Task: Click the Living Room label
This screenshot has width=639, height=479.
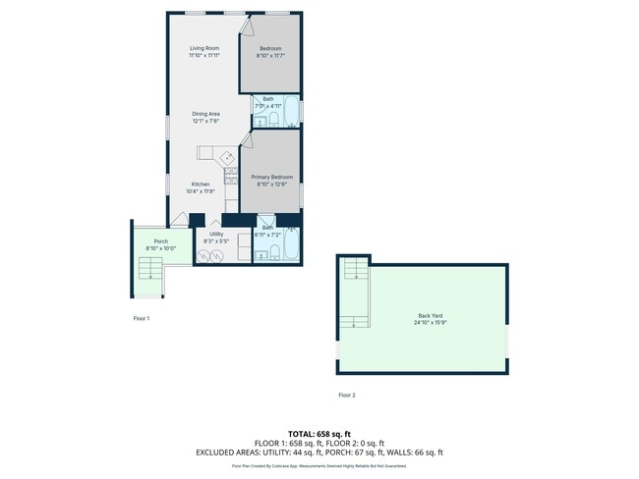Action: pos(204,48)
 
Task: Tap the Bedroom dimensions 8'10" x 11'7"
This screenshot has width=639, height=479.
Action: pos(270,55)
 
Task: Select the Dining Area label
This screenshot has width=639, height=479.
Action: pos(205,114)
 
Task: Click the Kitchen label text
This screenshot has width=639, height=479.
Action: pos(201,184)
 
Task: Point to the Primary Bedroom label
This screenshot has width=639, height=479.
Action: pos(270,177)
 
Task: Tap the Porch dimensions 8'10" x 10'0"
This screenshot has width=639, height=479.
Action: pos(160,248)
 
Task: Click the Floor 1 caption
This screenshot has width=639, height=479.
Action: pos(142,318)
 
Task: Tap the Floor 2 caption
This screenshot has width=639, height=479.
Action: pos(347,395)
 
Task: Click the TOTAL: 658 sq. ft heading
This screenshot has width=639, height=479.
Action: pos(319,433)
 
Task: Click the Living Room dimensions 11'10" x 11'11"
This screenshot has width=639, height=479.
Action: pos(204,55)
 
